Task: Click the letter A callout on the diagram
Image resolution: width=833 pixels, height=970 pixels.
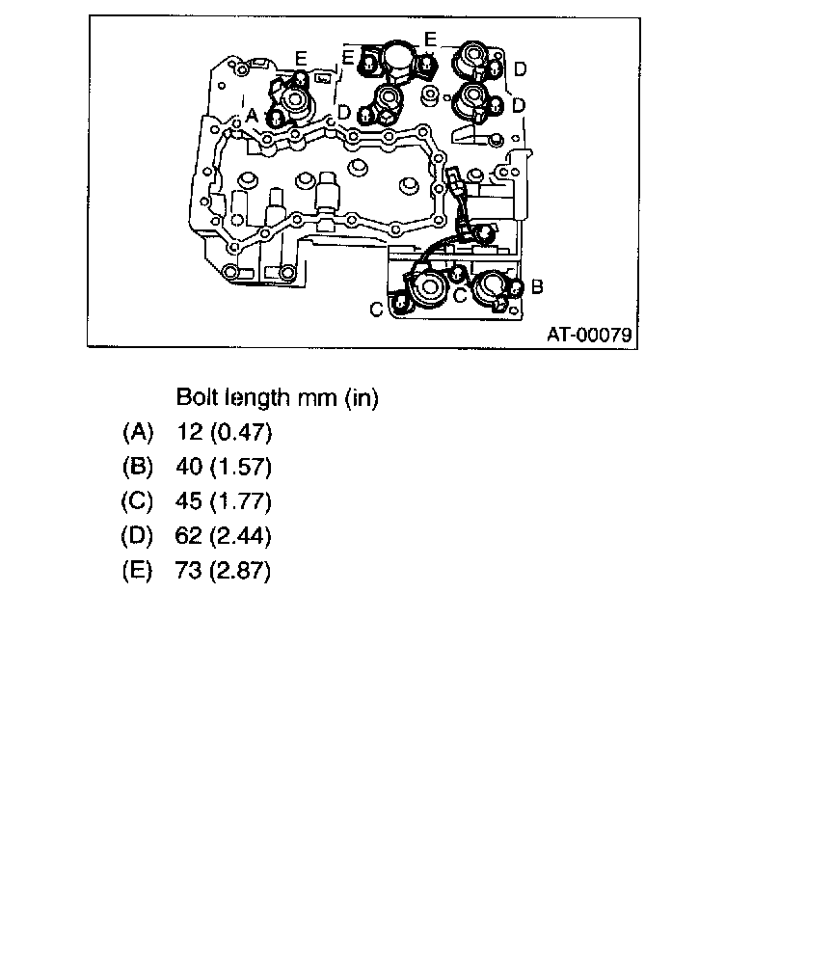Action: (x=253, y=115)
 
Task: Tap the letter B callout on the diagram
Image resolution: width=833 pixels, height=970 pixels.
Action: (x=537, y=286)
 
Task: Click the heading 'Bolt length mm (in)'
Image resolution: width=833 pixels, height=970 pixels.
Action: (x=277, y=397)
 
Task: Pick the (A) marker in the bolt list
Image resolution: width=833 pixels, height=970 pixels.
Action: (x=139, y=432)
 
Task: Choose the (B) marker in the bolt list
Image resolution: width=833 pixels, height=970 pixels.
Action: (x=139, y=468)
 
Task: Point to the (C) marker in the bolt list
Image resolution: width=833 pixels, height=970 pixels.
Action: (x=139, y=502)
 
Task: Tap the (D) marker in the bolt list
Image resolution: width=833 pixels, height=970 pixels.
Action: (x=139, y=537)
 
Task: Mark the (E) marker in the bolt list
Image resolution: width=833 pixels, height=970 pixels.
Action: (x=139, y=572)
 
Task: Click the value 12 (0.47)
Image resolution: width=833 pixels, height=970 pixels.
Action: (x=225, y=432)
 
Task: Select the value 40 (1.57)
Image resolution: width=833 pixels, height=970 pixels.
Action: (x=225, y=468)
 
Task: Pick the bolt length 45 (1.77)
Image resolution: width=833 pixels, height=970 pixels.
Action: (x=225, y=502)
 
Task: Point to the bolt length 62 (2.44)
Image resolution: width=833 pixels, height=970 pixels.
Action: (x=225, y=537)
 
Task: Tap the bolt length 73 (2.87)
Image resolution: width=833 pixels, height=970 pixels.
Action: (x=225, y=572)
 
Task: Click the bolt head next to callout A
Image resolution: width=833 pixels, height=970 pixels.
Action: (x=276, y=119)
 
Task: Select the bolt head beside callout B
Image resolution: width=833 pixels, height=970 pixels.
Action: (x=515, y=287)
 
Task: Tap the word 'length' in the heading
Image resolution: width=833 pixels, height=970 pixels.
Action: (x=257, y=397)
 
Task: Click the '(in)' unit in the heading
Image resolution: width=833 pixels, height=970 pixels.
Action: (x=360, y=397)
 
